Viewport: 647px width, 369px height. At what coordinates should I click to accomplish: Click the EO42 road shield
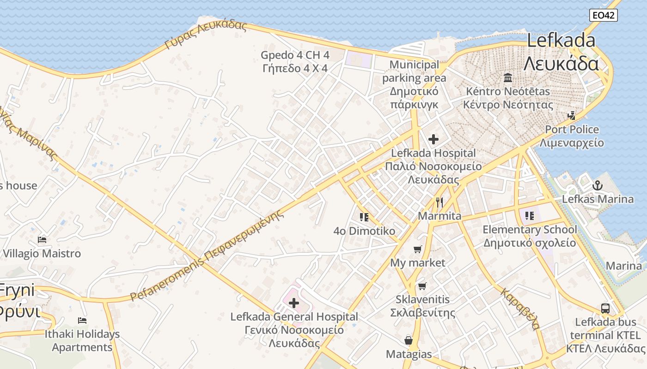(x=604, y=15)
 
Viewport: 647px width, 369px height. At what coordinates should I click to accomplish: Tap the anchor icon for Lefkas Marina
(x=598, y=185)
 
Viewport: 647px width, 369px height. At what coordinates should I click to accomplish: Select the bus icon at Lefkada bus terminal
(x=605, y=308)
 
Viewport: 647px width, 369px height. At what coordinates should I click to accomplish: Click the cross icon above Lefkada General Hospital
(x=293, y=303)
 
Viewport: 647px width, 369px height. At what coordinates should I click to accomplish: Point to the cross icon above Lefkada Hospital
(x=433, y=139)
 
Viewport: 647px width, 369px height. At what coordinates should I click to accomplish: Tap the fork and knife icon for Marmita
(x=439, y=202)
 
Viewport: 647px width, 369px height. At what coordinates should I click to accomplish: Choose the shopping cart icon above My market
(x=418, y=250)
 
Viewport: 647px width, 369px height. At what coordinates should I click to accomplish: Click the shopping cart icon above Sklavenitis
(x=422, y=286)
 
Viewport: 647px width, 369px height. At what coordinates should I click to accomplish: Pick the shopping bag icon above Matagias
(x=409, y=340)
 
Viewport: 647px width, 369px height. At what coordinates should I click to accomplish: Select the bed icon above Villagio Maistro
(x=42, y=240)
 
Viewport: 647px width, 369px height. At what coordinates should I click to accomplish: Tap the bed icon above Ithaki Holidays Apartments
(x=82, y=320)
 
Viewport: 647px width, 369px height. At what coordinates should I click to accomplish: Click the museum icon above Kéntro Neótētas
(x=508, y=77)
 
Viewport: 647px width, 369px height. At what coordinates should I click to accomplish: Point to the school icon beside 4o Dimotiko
(x=364, y=217)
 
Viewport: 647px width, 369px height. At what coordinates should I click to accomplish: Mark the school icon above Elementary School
(x=530, y=215)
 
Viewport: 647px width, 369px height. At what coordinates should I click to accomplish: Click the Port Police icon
(x=572, y=115)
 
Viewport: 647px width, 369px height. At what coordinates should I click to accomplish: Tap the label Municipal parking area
(x=414, y=71)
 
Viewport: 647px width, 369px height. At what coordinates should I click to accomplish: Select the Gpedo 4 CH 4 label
(x=295, y=55)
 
